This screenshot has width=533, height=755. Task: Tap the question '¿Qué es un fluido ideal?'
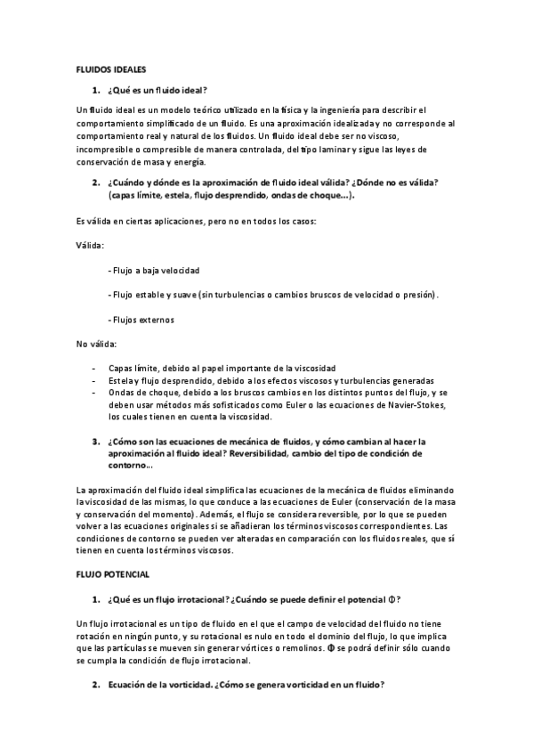[x=157, y=89]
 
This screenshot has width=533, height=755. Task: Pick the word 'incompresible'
[x=104, y=150]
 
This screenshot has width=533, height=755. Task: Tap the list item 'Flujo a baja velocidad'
[x=154, y=270]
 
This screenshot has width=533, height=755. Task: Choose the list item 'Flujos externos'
[x=141, y=320]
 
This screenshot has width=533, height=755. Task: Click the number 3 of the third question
[x=95, y=441]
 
